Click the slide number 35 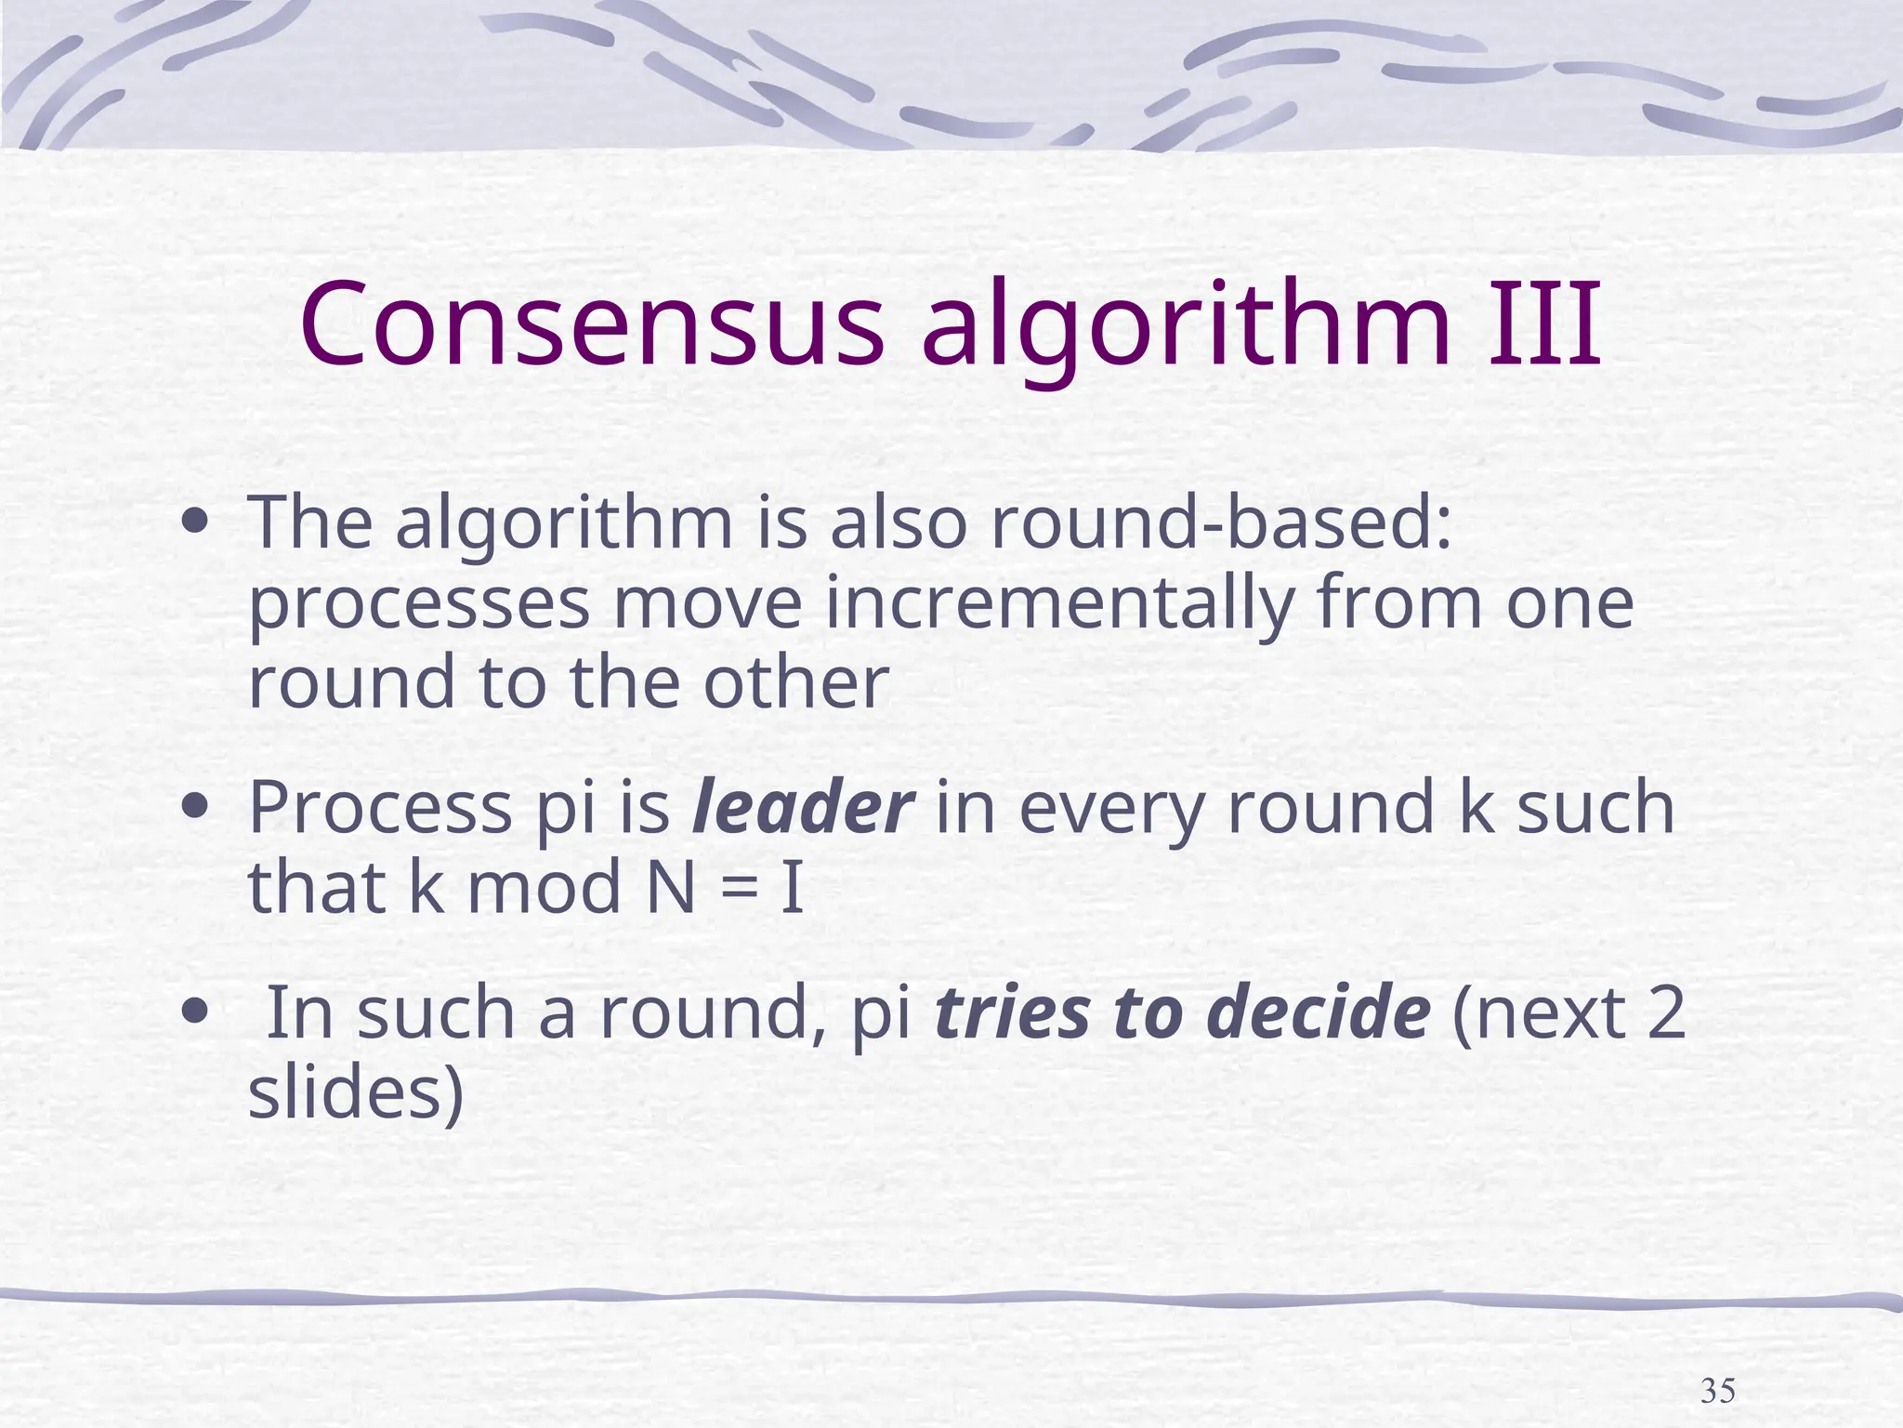(x=1717, y=1392)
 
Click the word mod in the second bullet (x=544, y=887)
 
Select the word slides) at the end (x=356, y=1093)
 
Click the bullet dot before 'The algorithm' (x=195, y=523)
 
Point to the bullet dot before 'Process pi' (x=195, y=807)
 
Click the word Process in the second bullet (x=380, y=807)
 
